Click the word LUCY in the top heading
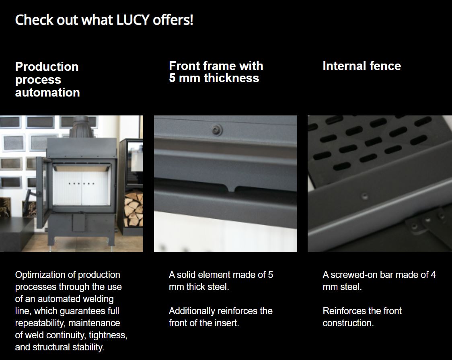tap(133, 20)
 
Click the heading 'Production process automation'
tap(47, 80)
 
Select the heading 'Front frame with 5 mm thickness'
tap(216, 72)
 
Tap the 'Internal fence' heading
tap(362, 66)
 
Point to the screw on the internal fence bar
tap(365, 197)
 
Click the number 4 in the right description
tap(433, 275)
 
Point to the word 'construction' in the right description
tap(348, 323)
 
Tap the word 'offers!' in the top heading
tap(173, 20)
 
